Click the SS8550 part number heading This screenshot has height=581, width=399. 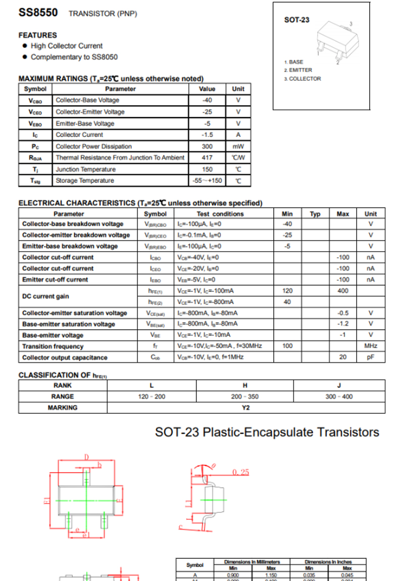[x=38, y=13]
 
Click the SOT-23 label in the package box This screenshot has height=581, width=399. [x=297, y=20]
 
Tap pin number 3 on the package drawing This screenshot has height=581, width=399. [x=351, y=24]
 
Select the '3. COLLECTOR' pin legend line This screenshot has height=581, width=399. [x=303, y=79]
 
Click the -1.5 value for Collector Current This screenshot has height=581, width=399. [x=207, y=135]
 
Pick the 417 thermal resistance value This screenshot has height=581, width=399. [x=207, y=158]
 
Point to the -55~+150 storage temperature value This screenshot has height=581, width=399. [x=207, y=181]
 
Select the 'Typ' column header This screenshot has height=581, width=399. [x=315, y=214]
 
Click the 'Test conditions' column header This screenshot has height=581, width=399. [x=220, y=214]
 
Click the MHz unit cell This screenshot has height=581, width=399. [x=371, y=347]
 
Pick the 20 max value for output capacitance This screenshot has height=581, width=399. [x=343, y=358]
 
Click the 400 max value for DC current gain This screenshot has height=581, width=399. [x=343, y=291]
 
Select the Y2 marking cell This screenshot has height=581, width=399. [x=245, y=408]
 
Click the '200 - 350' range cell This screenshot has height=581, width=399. [x=245, y=397]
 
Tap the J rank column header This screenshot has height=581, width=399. [x=339, y=385]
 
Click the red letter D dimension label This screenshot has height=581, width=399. [x=86, y=457]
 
